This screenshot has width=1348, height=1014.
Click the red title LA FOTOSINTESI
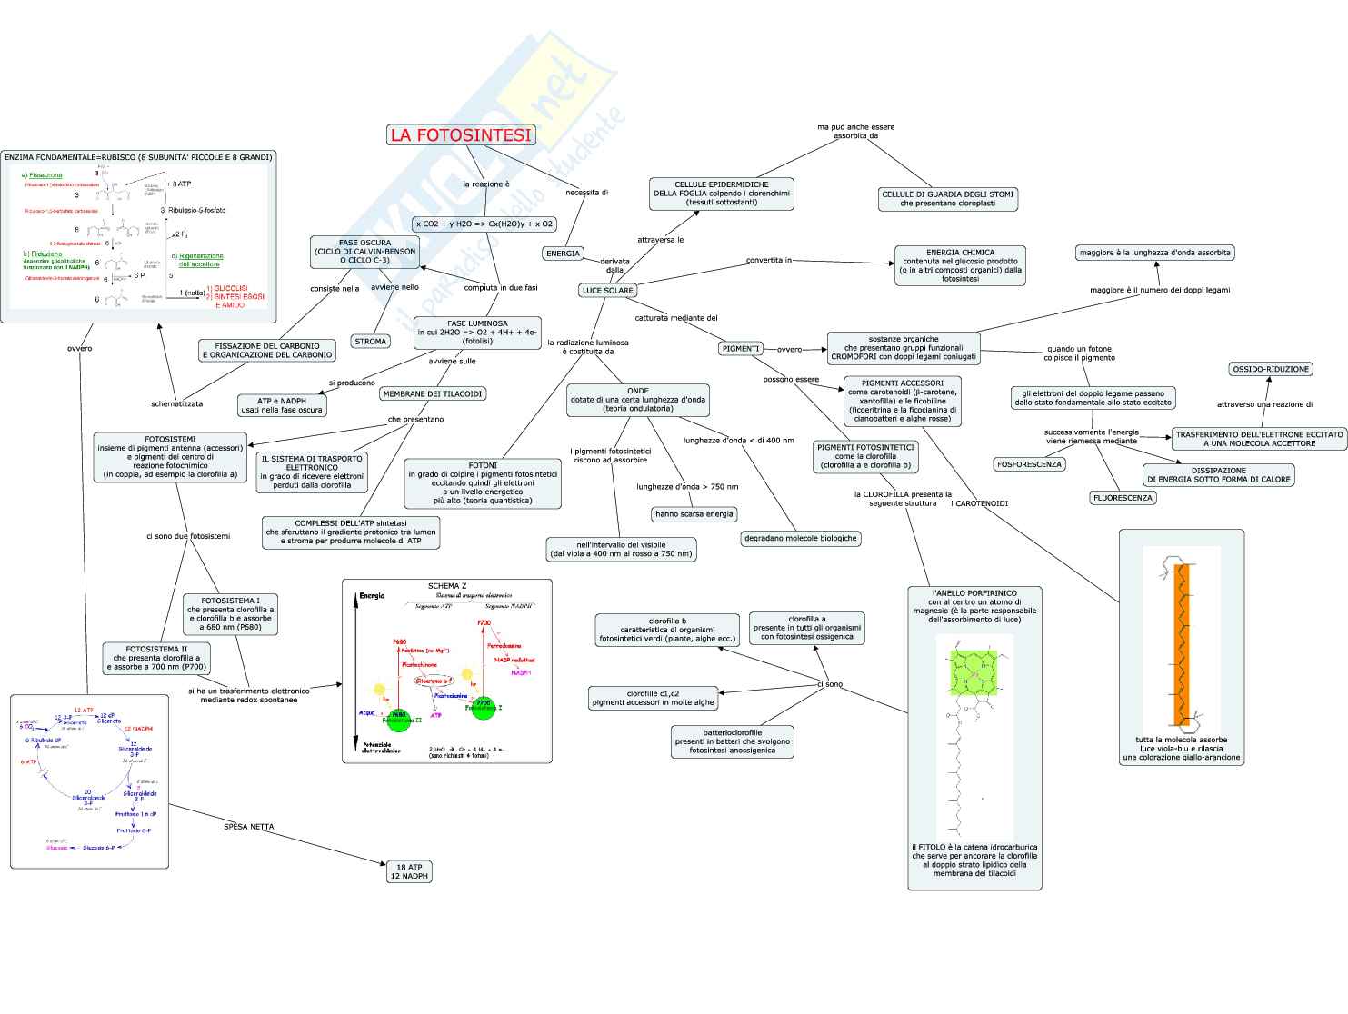461,135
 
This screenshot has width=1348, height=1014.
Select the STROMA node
370,342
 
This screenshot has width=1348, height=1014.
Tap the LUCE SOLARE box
608,291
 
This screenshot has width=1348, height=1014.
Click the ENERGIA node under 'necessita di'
563,253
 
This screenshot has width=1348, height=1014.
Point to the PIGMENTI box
740,348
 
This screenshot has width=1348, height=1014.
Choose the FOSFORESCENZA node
1029,464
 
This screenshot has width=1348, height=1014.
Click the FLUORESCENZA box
1123,498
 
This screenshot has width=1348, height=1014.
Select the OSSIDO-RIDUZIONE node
1271,370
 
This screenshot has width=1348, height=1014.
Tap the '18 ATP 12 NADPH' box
409,872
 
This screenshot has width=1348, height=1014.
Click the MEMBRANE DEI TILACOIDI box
433,394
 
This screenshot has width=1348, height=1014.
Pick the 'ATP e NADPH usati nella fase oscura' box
282,405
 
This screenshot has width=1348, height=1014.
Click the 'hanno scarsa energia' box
694,514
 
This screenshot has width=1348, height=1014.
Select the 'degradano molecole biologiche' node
800,538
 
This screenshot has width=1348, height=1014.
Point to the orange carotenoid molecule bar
1182,645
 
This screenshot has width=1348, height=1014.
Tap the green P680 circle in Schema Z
398,718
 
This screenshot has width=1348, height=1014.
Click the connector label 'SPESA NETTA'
248,827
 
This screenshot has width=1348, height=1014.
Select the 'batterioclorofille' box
733,741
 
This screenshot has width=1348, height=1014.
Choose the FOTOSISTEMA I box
230,614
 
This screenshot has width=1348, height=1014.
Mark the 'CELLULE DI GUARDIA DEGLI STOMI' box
947,199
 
